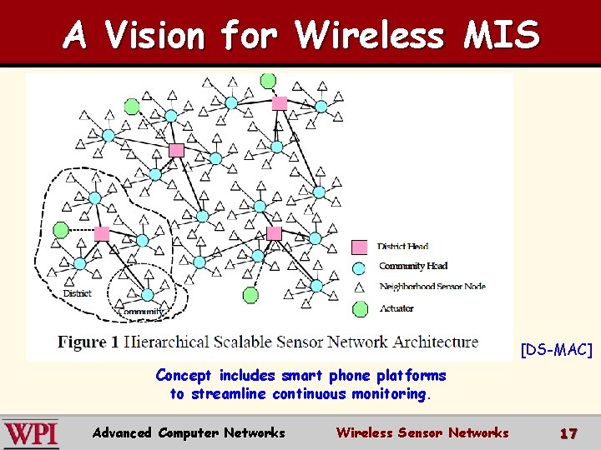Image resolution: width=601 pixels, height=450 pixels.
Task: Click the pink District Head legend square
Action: [x=360, y=247]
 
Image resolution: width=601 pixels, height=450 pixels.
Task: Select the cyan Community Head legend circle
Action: [x=360, y=267]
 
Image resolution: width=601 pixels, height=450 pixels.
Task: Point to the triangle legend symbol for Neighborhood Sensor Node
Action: [x=360, y=287]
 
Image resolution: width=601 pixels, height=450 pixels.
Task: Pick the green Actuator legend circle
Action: [x=360, y=309]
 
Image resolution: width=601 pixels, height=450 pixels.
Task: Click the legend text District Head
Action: [x=403, y=247]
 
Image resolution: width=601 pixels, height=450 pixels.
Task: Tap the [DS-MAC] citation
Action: [x=556, y=350]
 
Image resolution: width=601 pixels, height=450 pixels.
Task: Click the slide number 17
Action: [x=568, y=433]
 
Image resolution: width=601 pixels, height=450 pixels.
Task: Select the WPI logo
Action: [x=31, y=433]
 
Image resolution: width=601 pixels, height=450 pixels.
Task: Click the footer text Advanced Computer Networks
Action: [x=189, y=432]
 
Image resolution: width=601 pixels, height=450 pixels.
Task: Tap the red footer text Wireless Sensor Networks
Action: [x=422, y=432]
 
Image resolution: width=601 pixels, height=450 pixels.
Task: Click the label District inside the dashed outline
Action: [x=78, y=293]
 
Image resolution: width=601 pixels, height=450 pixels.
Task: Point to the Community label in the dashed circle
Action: [x=137, y=312]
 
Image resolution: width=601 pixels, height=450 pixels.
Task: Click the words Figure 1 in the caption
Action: [x=82, y=342]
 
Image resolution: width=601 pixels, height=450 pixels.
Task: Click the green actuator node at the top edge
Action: [x=268, y=81]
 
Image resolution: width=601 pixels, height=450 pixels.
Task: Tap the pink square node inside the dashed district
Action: [x=102, y=233]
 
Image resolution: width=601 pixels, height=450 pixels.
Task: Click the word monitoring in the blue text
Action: [x=386, y=394]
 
